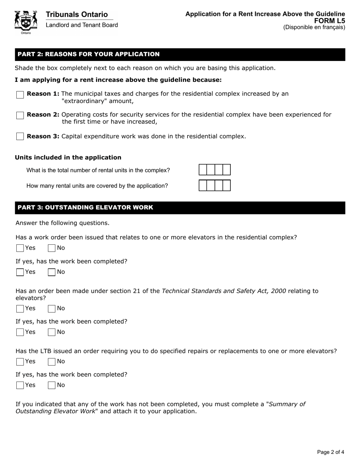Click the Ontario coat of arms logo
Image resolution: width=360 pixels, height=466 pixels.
tap(25, 22)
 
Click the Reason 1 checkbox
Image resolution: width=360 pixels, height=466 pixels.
tap(20, 95)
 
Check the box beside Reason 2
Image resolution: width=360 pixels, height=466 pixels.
tap(20, 116)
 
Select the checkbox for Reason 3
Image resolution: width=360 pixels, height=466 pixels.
tap(20, 136)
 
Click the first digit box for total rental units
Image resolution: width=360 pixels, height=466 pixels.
tap(203, 170)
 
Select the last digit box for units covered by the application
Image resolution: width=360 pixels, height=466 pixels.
tap(226, 186)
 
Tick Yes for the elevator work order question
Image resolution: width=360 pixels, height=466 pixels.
tap(20, 248)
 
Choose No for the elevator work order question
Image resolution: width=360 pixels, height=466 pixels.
tap(52, 248)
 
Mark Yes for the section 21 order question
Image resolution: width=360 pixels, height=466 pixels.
tap(20, 308)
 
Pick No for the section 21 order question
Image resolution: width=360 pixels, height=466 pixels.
tap(52, 308)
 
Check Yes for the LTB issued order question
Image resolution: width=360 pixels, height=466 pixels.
tap(20, 361)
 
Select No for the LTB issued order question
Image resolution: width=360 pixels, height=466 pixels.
tap(52, 361)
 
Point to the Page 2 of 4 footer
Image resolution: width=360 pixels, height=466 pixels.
tap(330, 452)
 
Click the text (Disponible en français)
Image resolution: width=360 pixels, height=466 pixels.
tap(314, 27)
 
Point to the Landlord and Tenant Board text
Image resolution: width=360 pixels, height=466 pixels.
tap(82, 25)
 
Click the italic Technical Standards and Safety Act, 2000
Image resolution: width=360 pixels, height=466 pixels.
tap(224, 291)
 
